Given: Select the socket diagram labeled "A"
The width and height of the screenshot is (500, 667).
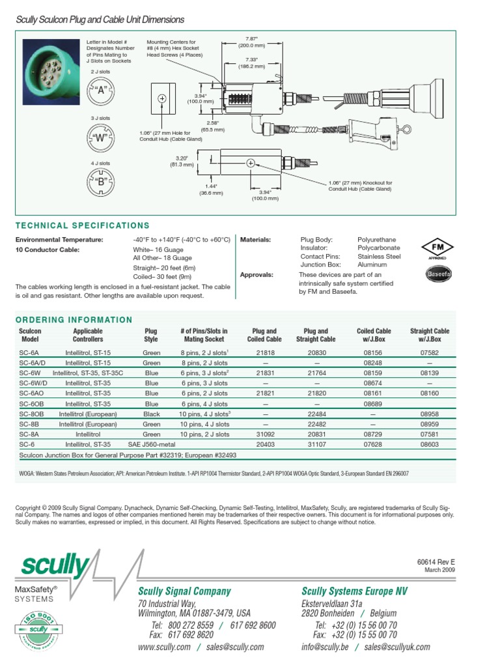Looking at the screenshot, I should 101,91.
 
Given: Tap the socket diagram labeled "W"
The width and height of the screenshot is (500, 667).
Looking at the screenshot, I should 101,137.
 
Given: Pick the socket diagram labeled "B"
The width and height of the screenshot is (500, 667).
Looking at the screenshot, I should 101,182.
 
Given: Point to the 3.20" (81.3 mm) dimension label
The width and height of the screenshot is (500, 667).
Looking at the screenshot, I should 180,161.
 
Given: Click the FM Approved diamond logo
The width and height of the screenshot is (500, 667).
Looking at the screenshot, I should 437,249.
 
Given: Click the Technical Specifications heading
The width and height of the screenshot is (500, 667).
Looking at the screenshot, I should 82,225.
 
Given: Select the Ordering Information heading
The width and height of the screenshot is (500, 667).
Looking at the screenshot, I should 74,320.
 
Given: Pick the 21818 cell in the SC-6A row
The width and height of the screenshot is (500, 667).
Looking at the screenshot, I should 264,352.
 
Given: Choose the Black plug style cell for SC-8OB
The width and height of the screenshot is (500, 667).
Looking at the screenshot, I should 152,414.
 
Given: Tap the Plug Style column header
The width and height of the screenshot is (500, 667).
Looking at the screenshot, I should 151,335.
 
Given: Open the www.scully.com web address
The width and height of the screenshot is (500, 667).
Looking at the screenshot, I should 164,647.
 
